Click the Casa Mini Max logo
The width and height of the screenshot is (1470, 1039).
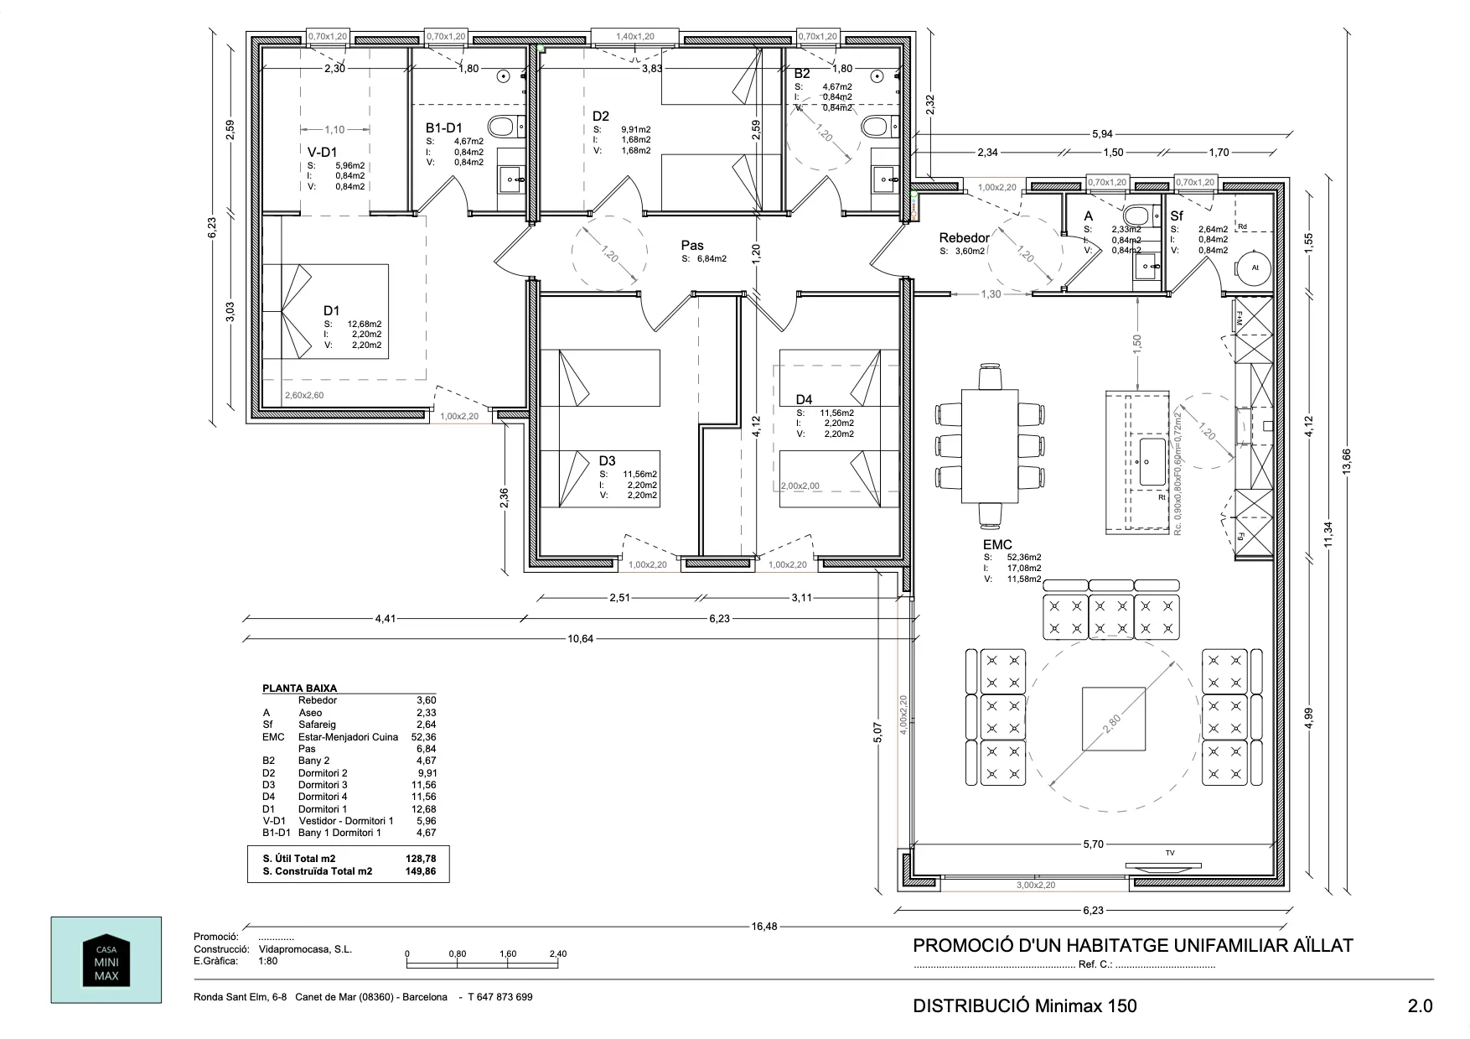pos(106,959)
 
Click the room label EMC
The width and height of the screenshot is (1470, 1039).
pos(997,544)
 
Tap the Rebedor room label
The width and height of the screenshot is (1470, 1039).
pos(964,238)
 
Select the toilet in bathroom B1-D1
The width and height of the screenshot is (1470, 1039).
pos(503,127)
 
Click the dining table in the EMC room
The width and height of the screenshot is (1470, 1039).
pos(990,445)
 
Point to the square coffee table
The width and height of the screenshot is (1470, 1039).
pos(1113,719)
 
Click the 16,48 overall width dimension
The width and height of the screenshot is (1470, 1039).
pos(763,927)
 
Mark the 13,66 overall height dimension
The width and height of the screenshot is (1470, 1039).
pos(1347,461)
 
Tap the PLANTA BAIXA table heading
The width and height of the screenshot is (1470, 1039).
pos(299,688)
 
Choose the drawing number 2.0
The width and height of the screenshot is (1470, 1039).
pos(1420,1006)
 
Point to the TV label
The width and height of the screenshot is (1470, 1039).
pos(1170,853)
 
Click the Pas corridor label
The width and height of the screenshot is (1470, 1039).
pos(692,246)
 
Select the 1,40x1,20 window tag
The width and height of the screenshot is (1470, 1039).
pos(634,36)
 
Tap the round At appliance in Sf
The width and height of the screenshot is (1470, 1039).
pos(1255,268)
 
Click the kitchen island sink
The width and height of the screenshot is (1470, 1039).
pos(1150,460)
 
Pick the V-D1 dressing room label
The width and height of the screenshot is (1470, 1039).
pos(322,152)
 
